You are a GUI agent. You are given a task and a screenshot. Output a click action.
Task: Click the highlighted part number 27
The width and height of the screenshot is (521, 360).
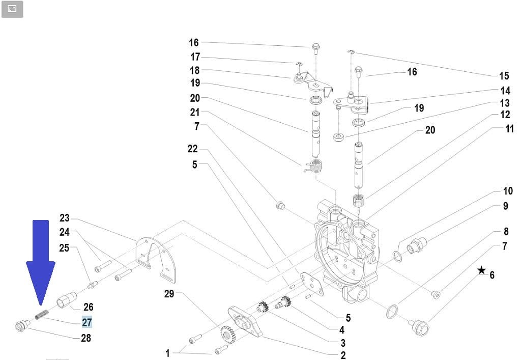coord(87,322)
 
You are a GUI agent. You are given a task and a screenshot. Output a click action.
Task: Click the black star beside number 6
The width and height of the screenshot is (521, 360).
coord(481,270)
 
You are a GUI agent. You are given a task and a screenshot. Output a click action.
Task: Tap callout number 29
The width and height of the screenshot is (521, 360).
coord(169,294)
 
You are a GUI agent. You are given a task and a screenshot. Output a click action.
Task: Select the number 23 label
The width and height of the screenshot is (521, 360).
coord(64,218)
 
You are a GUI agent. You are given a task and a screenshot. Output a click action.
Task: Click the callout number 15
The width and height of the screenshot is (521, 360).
coord(504,76)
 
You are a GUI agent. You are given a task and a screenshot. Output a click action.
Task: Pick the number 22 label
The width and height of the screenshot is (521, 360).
coord(192,149)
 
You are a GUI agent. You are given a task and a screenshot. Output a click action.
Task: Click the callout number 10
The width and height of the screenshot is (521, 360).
coord(508,191)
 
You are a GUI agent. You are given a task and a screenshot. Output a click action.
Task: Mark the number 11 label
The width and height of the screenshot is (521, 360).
coord(509,129)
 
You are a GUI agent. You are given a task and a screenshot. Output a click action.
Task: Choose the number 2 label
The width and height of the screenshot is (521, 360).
coord(343,355)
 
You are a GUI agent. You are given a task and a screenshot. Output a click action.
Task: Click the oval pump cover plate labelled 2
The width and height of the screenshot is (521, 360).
coord(246,321)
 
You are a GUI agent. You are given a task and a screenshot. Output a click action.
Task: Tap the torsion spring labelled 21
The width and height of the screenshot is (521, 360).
coord(315,166)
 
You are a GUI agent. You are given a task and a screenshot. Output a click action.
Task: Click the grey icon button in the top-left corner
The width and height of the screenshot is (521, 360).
coord(12,9)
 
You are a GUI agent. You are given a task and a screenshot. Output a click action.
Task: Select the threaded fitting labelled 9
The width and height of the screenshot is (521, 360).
coord(419,245)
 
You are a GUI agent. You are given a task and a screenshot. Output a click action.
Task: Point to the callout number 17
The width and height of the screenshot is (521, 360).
coord(195,57)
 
